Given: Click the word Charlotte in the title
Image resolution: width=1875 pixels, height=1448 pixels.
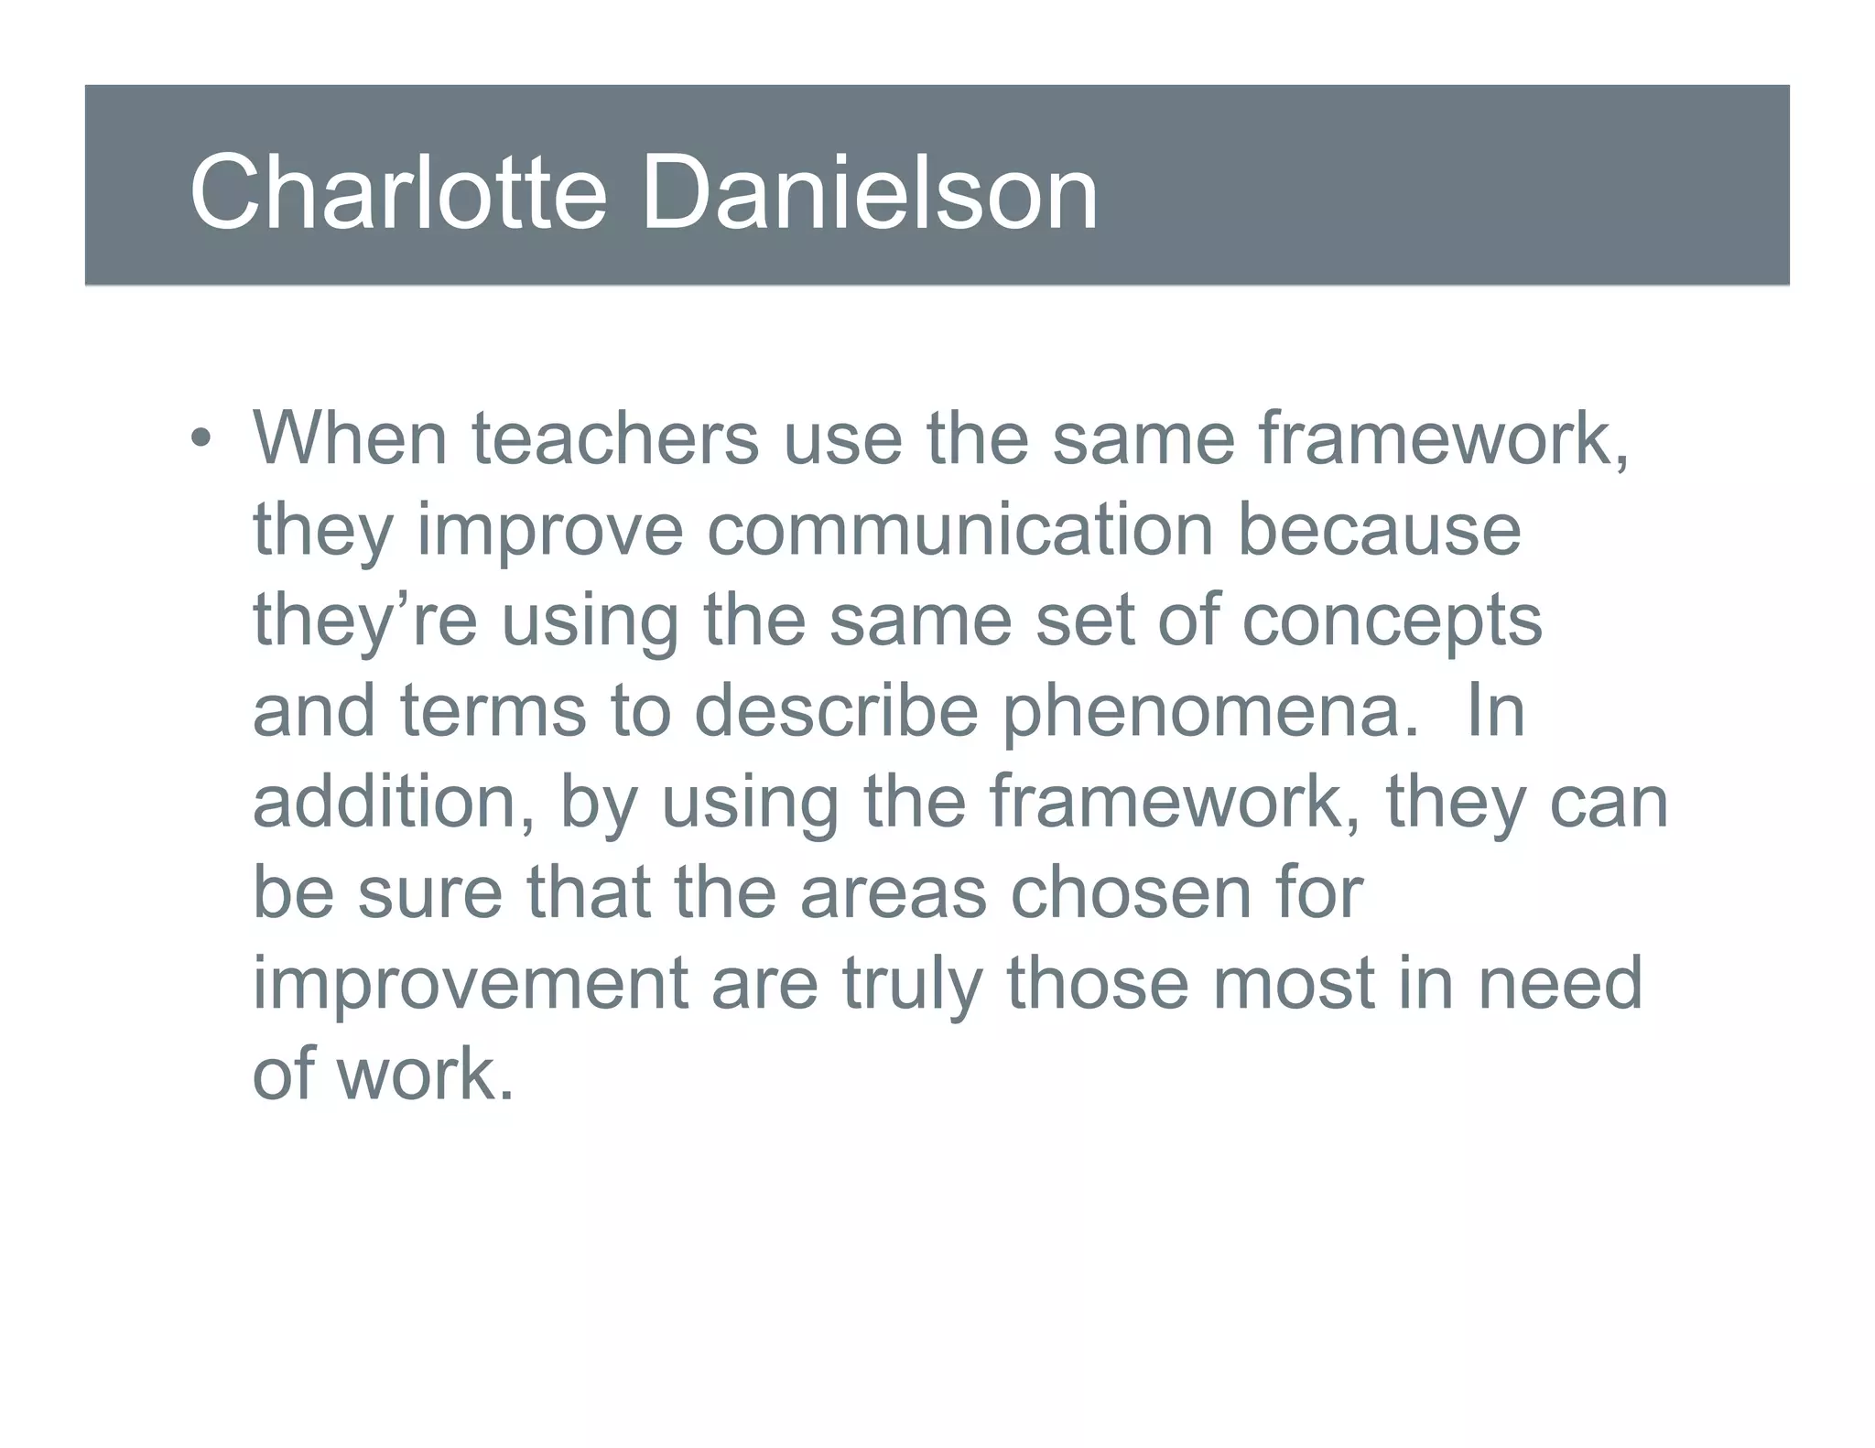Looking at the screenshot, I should tap(397, 193).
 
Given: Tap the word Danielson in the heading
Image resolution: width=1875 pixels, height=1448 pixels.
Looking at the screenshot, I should tap(869, 193).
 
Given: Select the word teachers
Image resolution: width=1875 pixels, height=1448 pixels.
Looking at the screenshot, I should tap(615, 438).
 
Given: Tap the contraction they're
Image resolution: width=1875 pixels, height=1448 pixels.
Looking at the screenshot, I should tap(364, 621).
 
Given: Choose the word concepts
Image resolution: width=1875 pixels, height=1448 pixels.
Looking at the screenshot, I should tap(1392, 621).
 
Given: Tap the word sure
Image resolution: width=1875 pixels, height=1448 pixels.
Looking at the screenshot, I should tap(429, 892).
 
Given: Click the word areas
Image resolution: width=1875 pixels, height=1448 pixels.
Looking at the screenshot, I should tap(893, 892).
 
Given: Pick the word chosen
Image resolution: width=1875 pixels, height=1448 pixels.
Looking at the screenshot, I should tap(1130, 892).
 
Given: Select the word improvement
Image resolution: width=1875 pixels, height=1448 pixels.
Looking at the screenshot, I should tap(470, 983).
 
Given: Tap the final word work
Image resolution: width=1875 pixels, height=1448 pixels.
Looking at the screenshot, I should tap(425, 1074).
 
